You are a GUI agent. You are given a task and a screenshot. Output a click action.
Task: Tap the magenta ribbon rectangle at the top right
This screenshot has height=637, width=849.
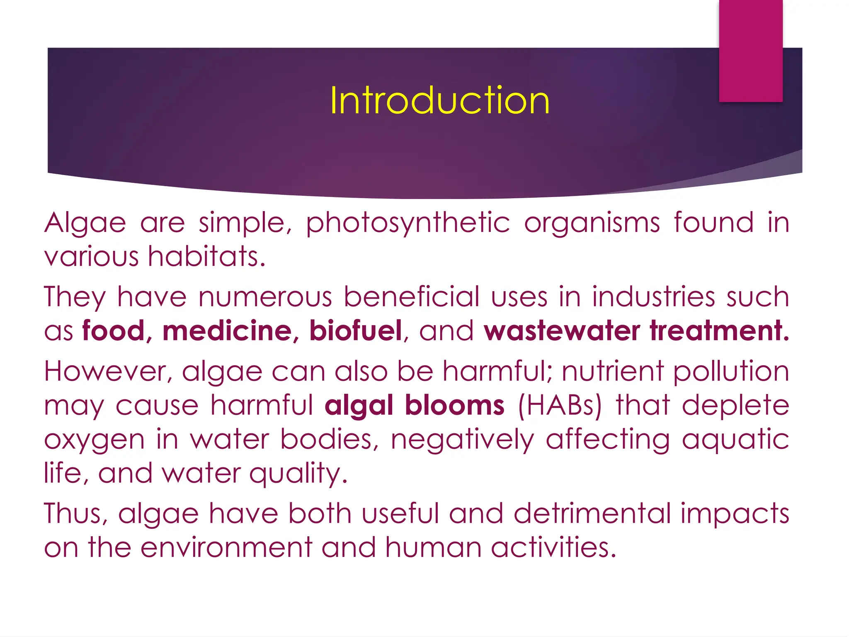point(751,51)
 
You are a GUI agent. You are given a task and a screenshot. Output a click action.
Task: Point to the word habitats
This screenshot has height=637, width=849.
point(206,256)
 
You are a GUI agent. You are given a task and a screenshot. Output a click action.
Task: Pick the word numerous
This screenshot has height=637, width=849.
point(265,297)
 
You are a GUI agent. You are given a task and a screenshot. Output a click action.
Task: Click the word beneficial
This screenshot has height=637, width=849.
point(412,297)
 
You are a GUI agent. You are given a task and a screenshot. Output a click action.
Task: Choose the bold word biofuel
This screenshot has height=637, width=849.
point(356,331)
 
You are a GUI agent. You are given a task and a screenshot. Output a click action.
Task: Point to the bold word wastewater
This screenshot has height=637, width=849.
point(561,331)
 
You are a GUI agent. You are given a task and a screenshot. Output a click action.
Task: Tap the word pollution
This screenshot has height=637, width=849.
point(731,372)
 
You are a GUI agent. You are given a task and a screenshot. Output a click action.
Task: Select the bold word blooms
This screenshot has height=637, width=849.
point(455,405)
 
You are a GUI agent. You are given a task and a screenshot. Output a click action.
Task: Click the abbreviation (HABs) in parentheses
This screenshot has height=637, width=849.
point(560,405)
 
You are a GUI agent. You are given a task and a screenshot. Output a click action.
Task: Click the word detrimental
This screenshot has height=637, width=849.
point(592,514)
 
